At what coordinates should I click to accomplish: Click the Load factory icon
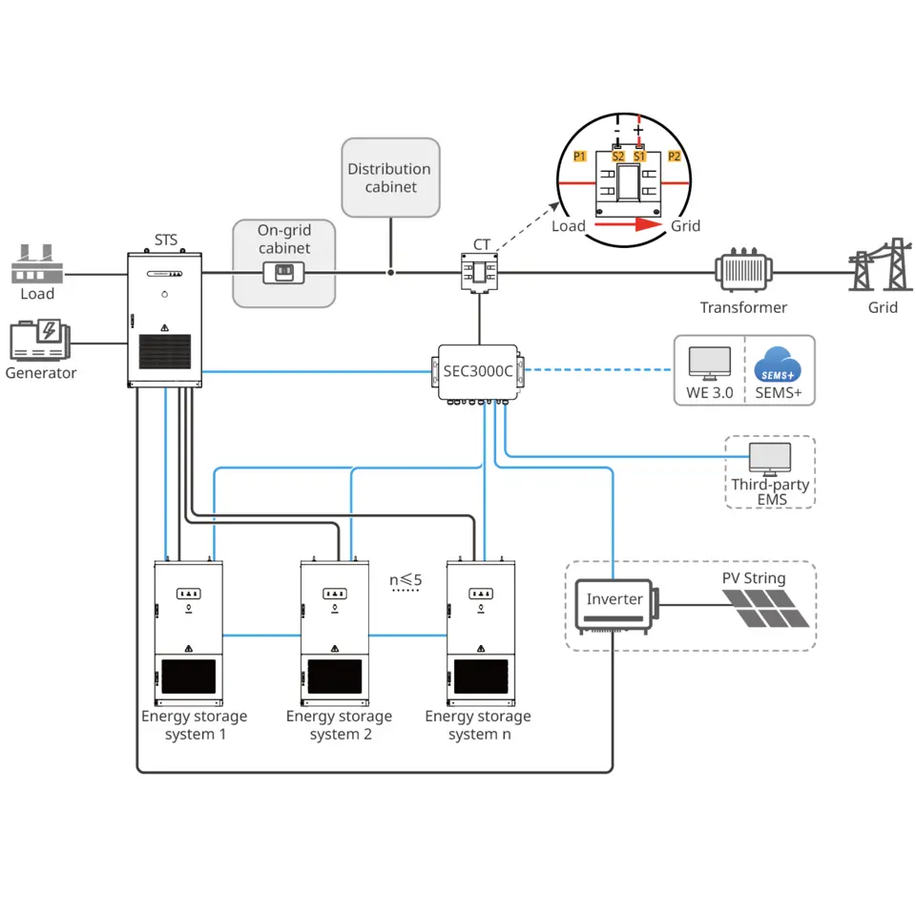point(36,263)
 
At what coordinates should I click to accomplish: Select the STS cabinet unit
point(165,320)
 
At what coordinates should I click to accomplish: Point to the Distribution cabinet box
point(390,177)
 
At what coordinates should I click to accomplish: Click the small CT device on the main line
point(480,273)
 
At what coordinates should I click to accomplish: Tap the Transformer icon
point(743,272)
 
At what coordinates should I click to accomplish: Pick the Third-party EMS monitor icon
point(769,459)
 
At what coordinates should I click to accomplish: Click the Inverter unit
point(614,606)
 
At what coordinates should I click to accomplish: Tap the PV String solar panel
point(765,608)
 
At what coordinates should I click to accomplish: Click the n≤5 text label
point(406,580)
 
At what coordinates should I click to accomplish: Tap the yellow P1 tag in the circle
point(580,156)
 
